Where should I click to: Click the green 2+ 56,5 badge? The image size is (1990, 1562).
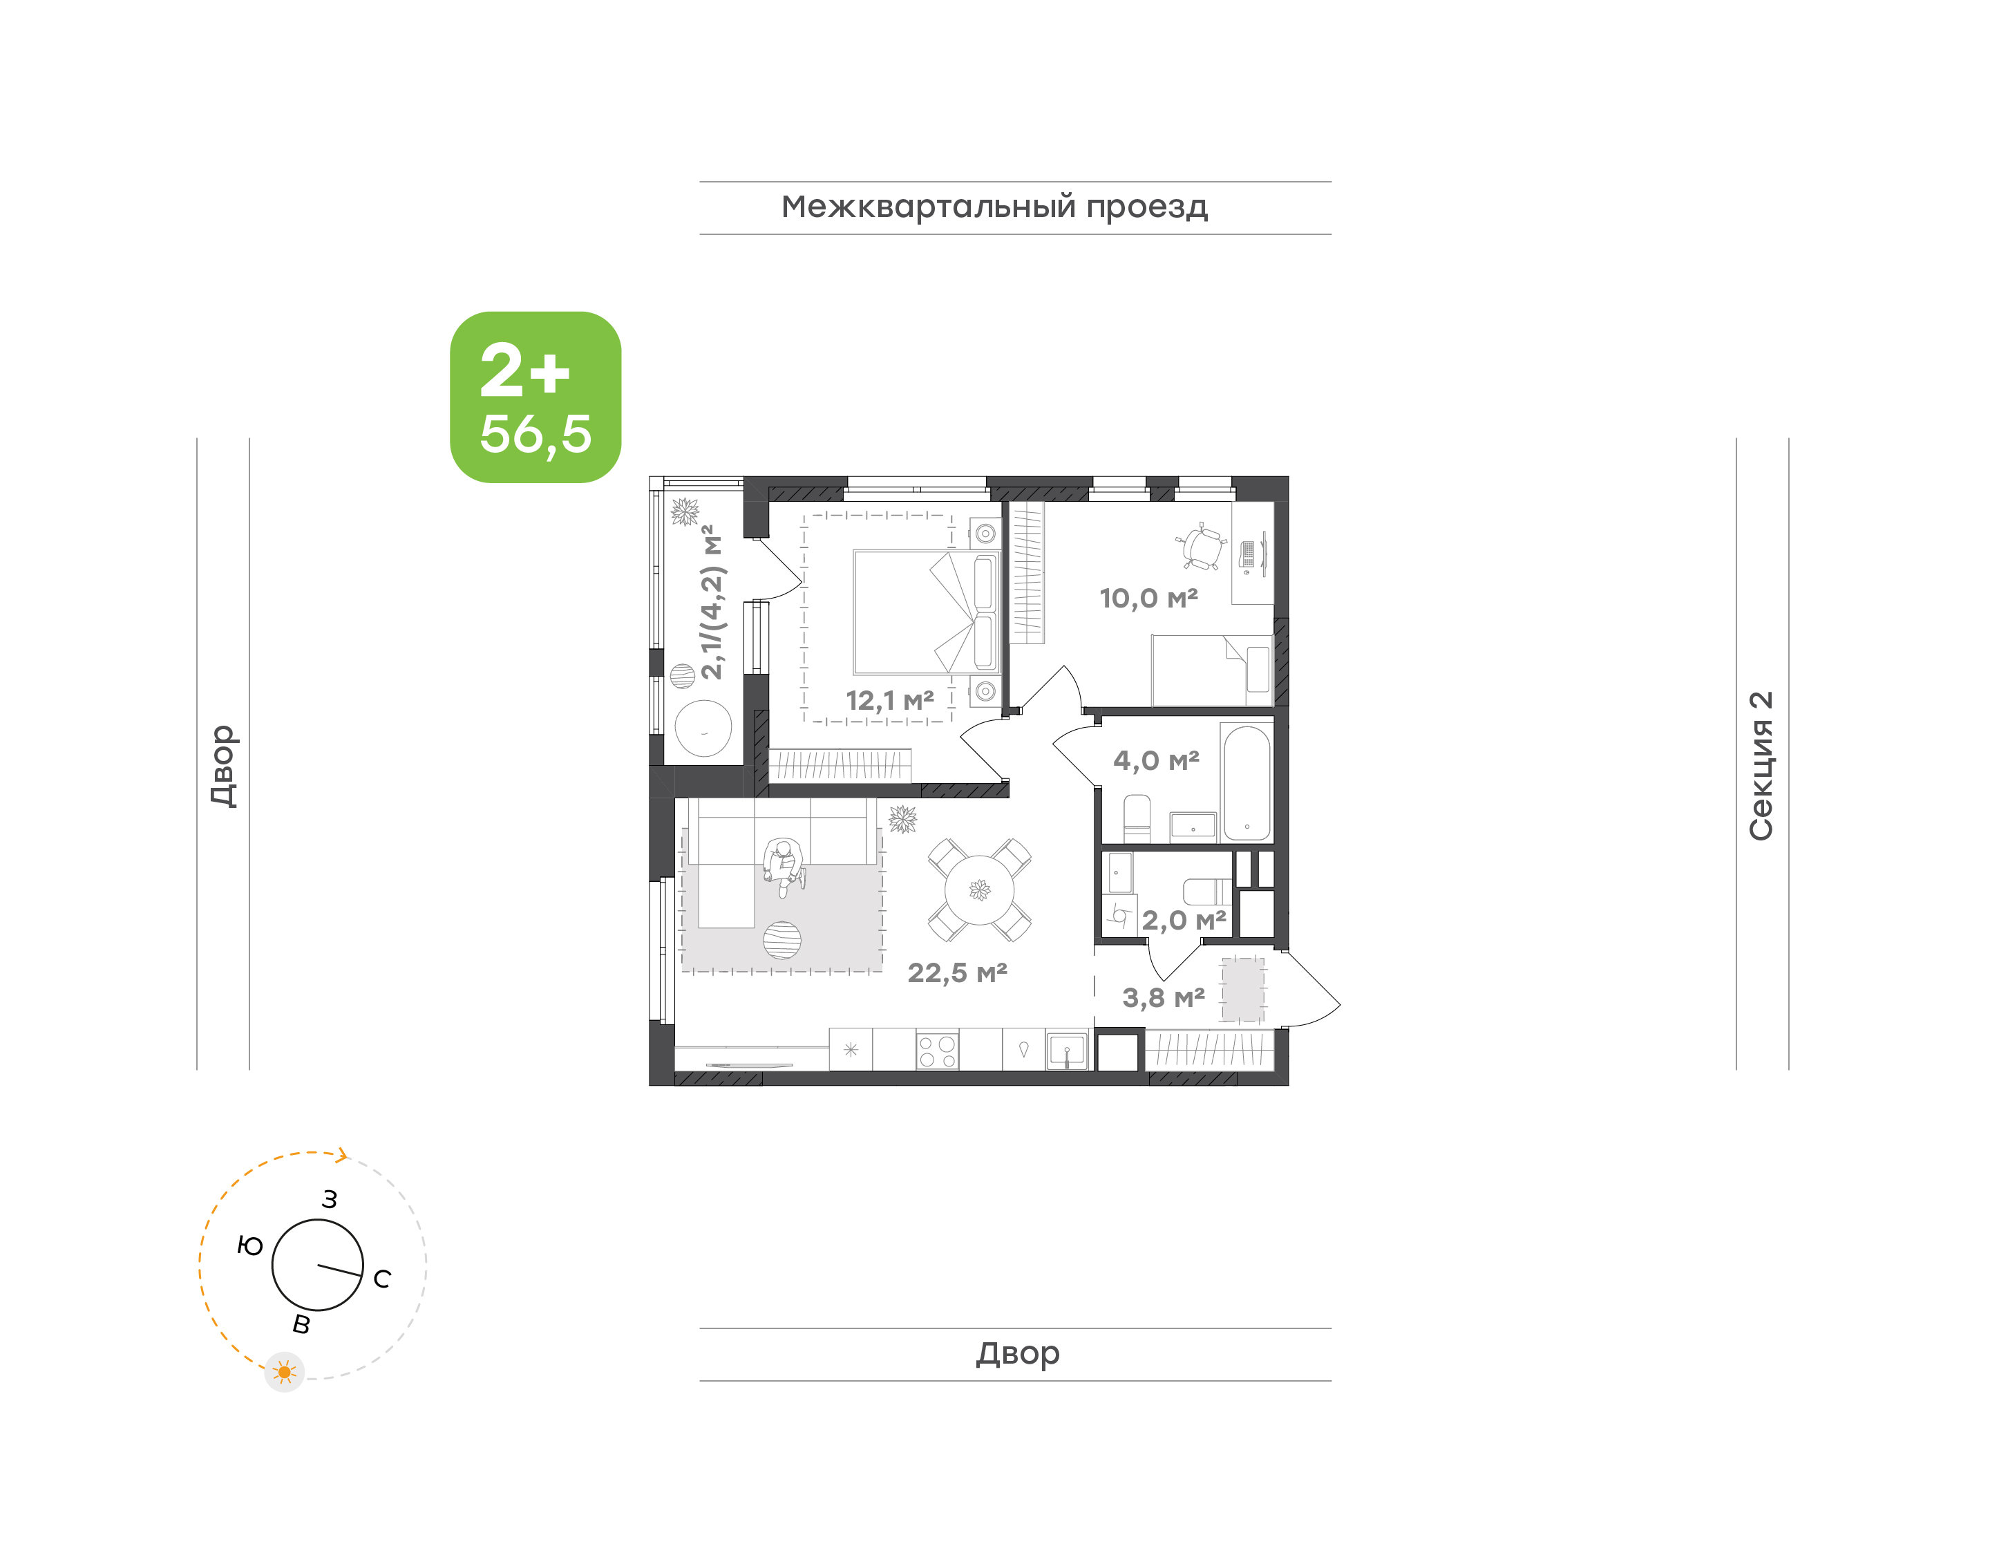(535, 397)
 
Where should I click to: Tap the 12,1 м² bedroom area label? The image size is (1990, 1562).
(889, 701)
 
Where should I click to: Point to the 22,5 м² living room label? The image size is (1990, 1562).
(957, 972)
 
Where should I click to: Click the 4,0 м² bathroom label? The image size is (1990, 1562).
(1156, 760)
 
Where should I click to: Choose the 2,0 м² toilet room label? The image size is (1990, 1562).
(1184, 920)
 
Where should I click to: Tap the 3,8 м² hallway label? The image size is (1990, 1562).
(1164, 998)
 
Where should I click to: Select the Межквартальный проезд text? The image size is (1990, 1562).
(994, 207)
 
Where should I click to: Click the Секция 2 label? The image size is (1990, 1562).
(1761, 766)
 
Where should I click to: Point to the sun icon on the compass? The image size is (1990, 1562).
(284, 1372)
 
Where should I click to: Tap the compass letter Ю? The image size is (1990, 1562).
(249, 1245)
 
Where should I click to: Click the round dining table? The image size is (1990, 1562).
(979, 890)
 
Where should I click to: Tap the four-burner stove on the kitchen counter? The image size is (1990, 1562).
(937, 1051)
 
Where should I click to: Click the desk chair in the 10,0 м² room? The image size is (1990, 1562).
(1201, 547)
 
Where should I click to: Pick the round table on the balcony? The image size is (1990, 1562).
(703, 728)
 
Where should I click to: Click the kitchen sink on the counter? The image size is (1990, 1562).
(1067, 1051)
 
